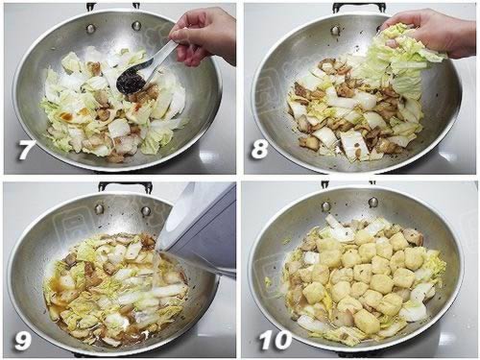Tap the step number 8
pyautogui.click(x=259, y=149)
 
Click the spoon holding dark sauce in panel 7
pyautogui.click(x=144, y=69)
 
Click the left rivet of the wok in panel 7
pyautogui.click(x=91, y=28)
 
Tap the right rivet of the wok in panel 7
pyautogui.click(x=136, y=25)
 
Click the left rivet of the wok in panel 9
pyautogui.click(x=100, y=209)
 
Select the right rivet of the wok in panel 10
pyautogui.click(x=373, y=202)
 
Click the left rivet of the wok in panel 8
pyautogui.click(x=336, y=31)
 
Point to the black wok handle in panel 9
pyautogui.click(x=126, y=186)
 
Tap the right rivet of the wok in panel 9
pyautogui.click(x=146, y=211)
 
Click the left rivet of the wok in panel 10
pyautogui.click(x=326, y=205)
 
